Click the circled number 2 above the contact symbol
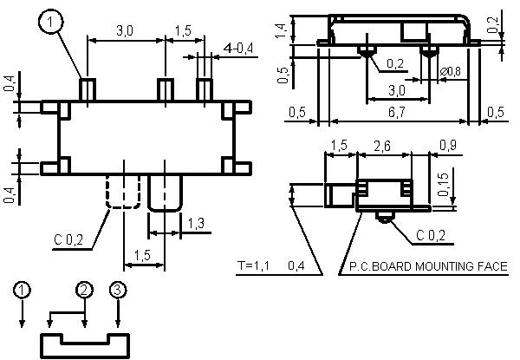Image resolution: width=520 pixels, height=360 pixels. (85, 290)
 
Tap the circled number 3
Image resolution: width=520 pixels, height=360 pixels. (118, 290)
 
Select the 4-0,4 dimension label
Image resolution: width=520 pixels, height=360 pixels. (238, 49)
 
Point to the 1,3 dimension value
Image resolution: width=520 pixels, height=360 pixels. (196, 223)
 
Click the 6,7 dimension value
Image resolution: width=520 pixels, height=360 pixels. (397, 112)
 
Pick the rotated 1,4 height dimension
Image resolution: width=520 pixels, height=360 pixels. (281, 31)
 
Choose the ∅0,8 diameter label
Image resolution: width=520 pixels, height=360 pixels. (451, 71)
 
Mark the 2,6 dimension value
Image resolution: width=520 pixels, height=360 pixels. (382, 146)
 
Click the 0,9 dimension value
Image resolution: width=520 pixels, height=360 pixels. (448, 146)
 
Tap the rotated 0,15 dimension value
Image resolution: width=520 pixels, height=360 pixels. (443, 185)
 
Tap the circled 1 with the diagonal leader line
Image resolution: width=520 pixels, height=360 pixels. (50, 23)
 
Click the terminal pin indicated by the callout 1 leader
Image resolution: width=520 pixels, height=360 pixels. (88, 89)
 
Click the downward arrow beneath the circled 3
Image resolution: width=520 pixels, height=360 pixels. (118, 313)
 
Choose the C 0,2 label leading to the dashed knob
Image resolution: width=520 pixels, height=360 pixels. (68, 239)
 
